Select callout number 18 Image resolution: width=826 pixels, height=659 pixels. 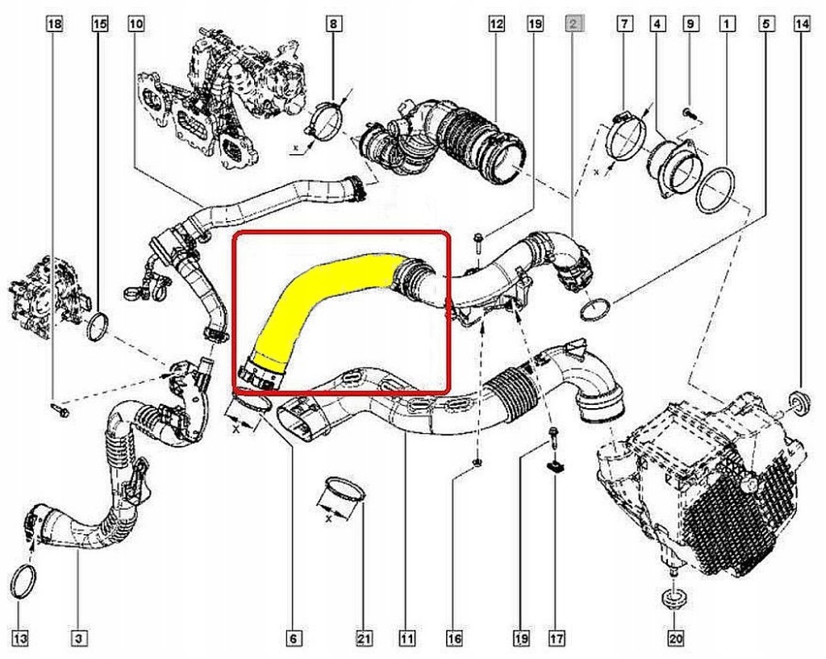[55, 23]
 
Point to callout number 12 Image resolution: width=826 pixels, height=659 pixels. [496, 23]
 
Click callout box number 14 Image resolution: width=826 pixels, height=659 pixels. [802, 23]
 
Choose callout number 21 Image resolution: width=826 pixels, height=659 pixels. [364, 639]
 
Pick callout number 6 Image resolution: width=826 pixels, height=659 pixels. [294, 639]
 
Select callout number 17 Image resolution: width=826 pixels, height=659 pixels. [557, 639]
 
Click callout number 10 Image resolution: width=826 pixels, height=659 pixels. [136, 23]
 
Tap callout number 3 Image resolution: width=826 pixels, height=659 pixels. [78, 639]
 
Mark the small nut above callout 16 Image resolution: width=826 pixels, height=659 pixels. [477, 463]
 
